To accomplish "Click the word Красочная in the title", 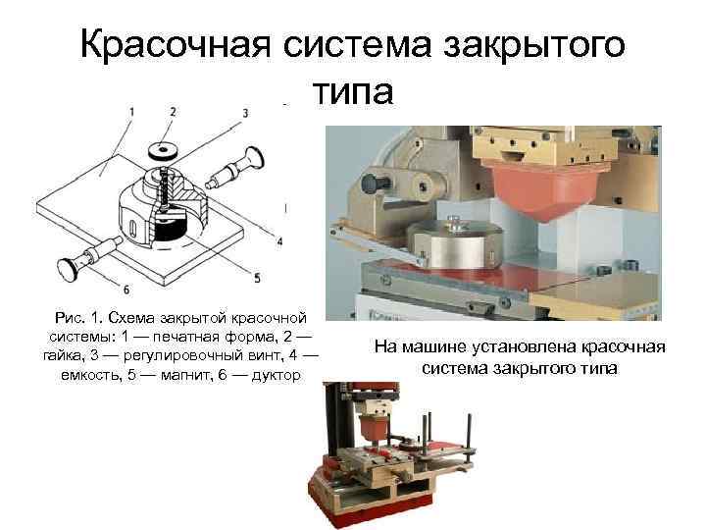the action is pyautogui.click(x=176, y=45).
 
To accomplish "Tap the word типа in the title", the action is pyautogui.click(x=353, y=91).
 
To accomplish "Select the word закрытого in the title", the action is pyautogui.click(x=534, y=45).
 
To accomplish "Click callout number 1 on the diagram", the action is pyautogui.click(x=131, y=111).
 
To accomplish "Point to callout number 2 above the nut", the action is pyautogui.click(x=173, y=111).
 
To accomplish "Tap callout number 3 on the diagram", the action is pyautogui.click(x=245, y=113).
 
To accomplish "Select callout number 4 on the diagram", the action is pyautogui.click(x=279, y=241).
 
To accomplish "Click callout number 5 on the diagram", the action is pyautogui.click(x=257, y=278).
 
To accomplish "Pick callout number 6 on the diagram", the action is pyautogui.click(x=126, y=290).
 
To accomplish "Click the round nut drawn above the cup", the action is pyautogui.click(x=162, y=150).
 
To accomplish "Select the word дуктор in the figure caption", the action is pyautogui.click(x=276, y=375).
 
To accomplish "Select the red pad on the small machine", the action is pyautogui.click(x=373, y=427).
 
